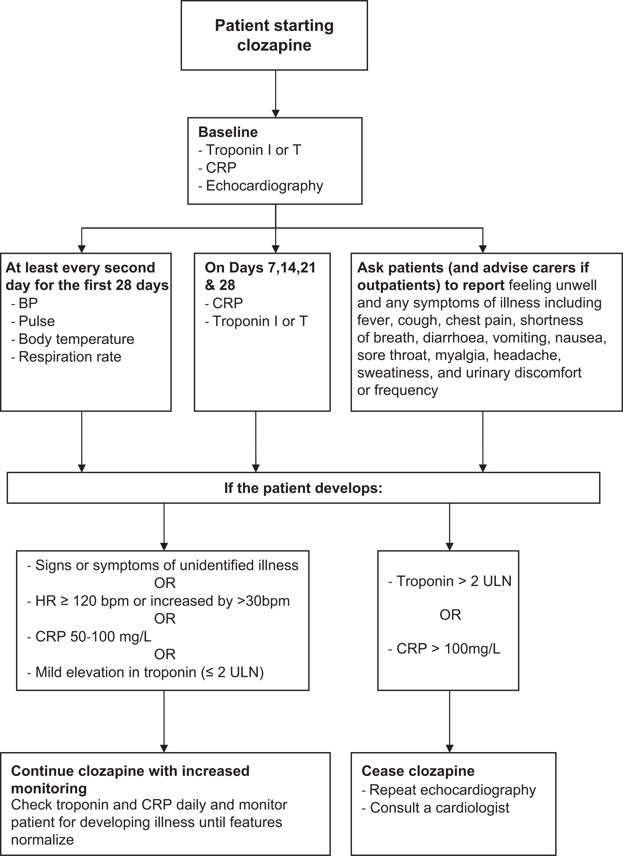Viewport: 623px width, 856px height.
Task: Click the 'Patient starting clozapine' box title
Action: click(274, 35)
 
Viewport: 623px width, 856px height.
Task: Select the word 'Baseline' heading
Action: click(228, 132)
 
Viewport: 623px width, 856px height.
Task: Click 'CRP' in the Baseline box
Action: click(221, 168)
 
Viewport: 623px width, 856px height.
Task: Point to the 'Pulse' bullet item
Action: click(37, 321)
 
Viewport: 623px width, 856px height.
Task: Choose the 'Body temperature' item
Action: click(76, 339)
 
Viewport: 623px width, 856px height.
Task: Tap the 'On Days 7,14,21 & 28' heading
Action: click(260, 276)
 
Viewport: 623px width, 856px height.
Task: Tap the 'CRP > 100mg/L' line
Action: click(448, 649)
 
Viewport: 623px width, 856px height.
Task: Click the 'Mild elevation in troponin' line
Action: click(149, 672)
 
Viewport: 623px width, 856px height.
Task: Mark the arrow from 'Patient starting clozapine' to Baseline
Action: click(276, 94)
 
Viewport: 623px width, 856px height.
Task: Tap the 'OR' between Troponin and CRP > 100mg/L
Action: click(450, 615)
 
